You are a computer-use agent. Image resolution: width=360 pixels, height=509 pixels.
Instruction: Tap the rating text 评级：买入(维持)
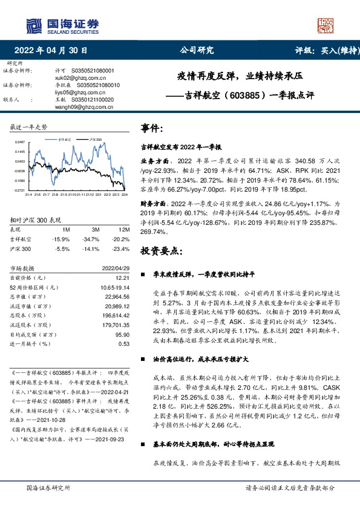tap(324, 51)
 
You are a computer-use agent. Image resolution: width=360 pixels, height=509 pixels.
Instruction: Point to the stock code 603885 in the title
tap(247, 95)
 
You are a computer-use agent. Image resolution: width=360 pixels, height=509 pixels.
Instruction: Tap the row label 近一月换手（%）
tap(28, 343)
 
